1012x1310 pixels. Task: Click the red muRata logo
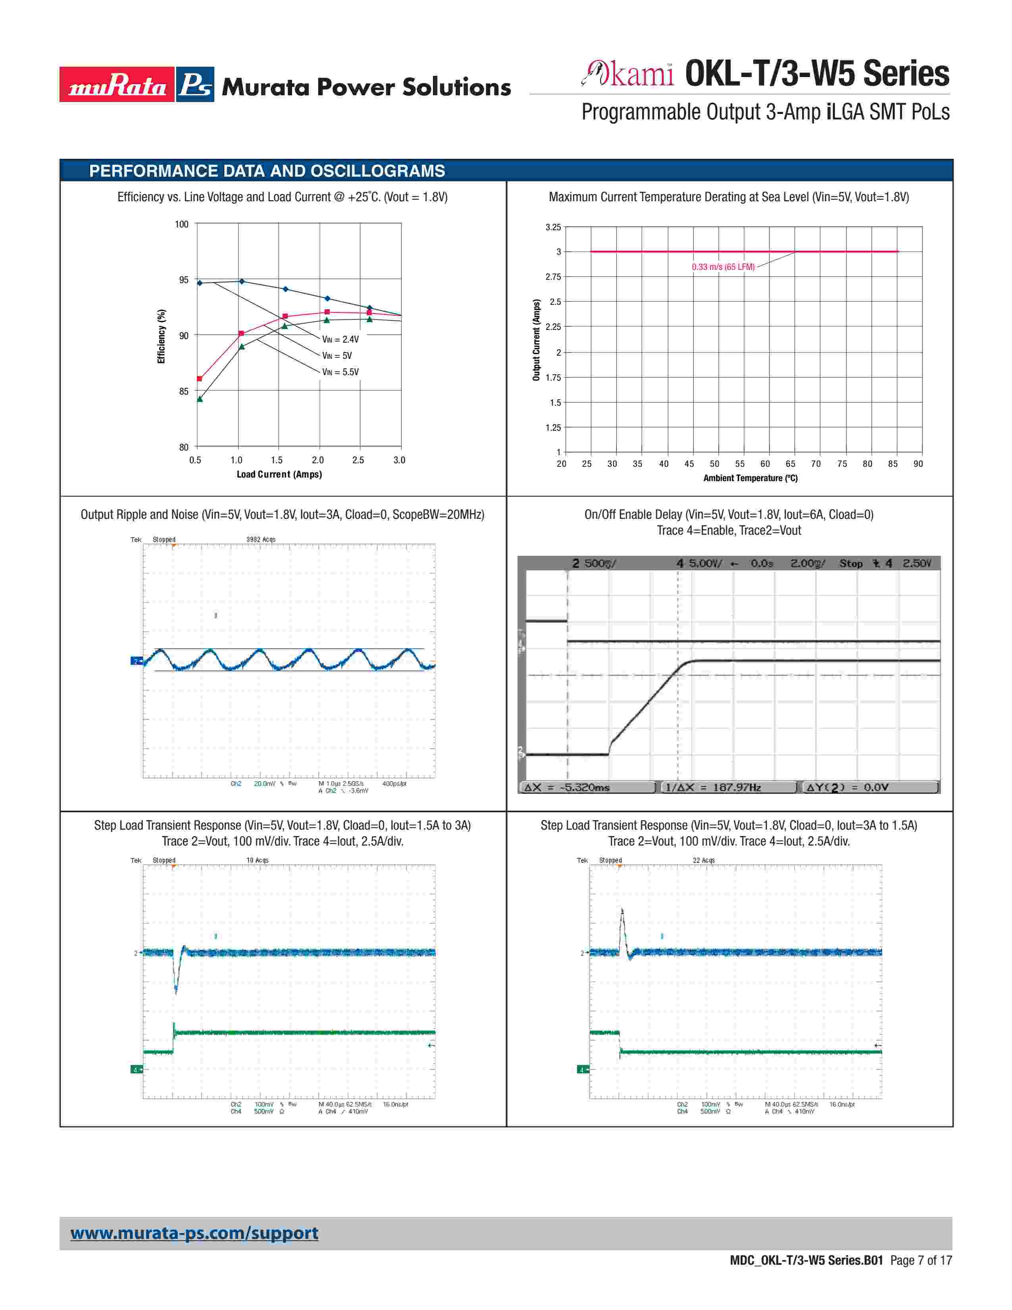[117, 85]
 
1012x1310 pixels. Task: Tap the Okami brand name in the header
[629, 74]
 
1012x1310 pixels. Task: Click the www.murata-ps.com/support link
[194, 1233]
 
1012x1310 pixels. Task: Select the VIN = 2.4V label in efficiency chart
[341, 339]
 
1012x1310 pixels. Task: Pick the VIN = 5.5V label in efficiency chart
[341, 372]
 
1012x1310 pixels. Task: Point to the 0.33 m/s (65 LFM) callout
[723, 267]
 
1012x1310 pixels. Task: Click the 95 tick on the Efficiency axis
[183, 280]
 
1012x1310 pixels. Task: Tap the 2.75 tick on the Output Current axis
[553, 277]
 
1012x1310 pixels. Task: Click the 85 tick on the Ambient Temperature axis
[893, 464]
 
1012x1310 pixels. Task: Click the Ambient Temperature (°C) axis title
[750, 478]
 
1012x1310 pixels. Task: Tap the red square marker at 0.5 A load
[200, 378]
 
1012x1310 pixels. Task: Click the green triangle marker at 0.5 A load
[200, 399]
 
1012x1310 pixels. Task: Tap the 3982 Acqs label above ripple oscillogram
[261, 539]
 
